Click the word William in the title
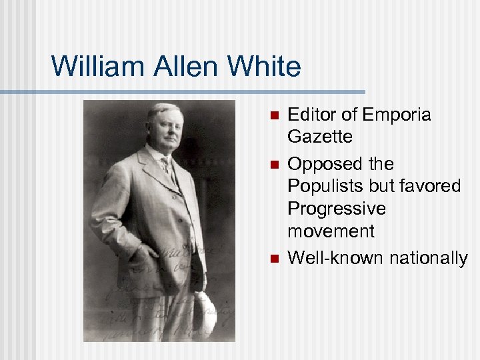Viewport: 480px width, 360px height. point(95,66)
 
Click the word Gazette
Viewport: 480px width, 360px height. point(320,137)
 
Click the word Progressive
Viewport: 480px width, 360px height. point(337,209)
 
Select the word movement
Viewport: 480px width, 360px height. point(331,231)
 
